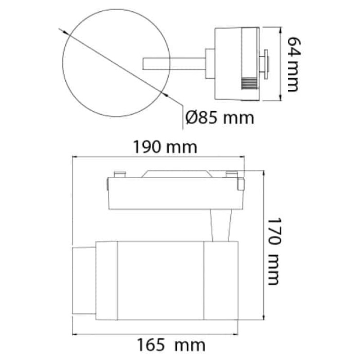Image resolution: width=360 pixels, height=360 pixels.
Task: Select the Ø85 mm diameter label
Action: tap(220, 118)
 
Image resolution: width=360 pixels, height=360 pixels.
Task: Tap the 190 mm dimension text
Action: tap(165, 147)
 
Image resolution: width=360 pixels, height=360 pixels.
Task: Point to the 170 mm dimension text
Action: tap(274, 252)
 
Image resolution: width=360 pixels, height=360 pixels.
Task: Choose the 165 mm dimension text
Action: tap(171, 345)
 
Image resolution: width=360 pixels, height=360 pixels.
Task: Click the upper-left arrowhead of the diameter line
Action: tap(66, 33)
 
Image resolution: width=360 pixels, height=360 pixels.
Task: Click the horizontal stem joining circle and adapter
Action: tap(174, 63)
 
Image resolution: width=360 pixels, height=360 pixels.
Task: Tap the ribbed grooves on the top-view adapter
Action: tap(249, 84)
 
